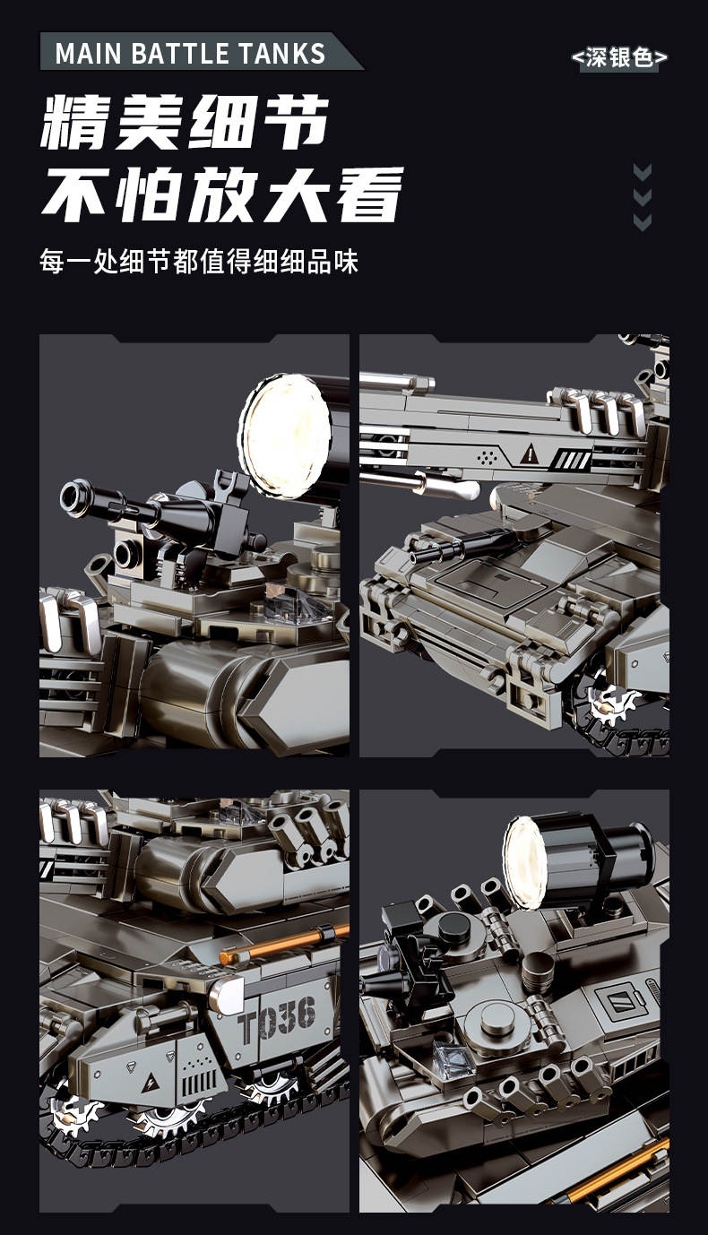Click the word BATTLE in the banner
180,54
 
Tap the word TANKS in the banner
281,54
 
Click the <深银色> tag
619,57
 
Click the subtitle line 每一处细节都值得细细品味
198,262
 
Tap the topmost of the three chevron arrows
643,172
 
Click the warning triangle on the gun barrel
530,453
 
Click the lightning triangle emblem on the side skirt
150,1084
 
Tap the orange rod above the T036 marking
284,945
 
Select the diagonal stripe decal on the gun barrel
573,459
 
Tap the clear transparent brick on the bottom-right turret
453,1059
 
